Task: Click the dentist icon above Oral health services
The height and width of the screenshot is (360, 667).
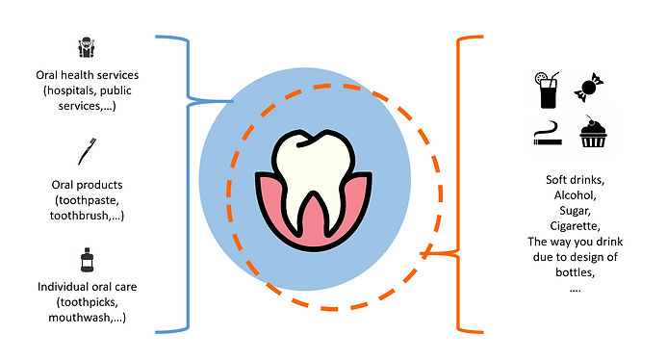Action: pyautogui.click(x=85, y=48)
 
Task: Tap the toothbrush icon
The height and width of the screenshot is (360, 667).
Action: pyautogui.click(x=85, y=151)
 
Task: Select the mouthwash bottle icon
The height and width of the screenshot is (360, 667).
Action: pyautogui.click(x=86, y=261)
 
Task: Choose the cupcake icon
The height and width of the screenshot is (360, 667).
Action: pyautogui.click(x=591, y=133)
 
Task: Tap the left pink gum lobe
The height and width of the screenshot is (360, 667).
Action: pyautogui.click(x=273, y=196)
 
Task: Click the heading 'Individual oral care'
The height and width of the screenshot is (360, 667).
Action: pyautogui.click(x=87, y=287)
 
